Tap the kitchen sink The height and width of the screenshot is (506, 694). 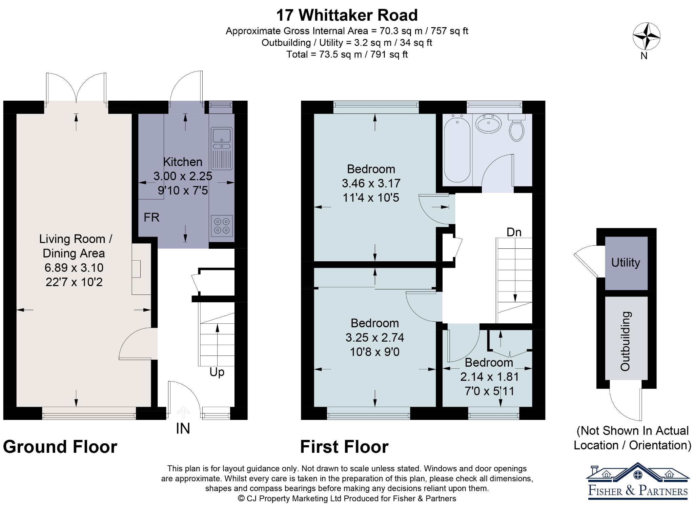222,148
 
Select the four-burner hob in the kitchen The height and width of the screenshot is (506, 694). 222,226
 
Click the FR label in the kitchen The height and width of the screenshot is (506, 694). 151,217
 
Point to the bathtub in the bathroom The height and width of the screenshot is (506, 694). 457,148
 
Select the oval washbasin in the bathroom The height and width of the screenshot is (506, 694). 488,124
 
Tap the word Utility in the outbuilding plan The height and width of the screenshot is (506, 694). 626,262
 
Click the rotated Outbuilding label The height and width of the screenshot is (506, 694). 625,341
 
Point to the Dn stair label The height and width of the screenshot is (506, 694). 514,232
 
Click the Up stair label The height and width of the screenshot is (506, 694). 217,372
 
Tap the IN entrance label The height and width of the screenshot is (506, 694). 183,429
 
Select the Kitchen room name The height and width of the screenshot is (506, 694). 183,162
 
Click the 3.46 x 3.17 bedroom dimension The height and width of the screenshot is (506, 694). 371,183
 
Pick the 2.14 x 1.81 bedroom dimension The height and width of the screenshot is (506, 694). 489,377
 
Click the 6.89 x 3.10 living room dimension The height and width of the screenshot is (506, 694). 74,268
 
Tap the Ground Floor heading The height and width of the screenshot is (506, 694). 60,447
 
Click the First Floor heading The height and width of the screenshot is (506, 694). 344,447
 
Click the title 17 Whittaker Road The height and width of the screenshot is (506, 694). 347,15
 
